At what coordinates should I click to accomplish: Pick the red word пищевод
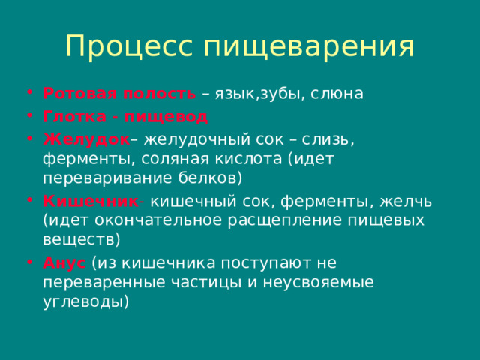tap(166, 117)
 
